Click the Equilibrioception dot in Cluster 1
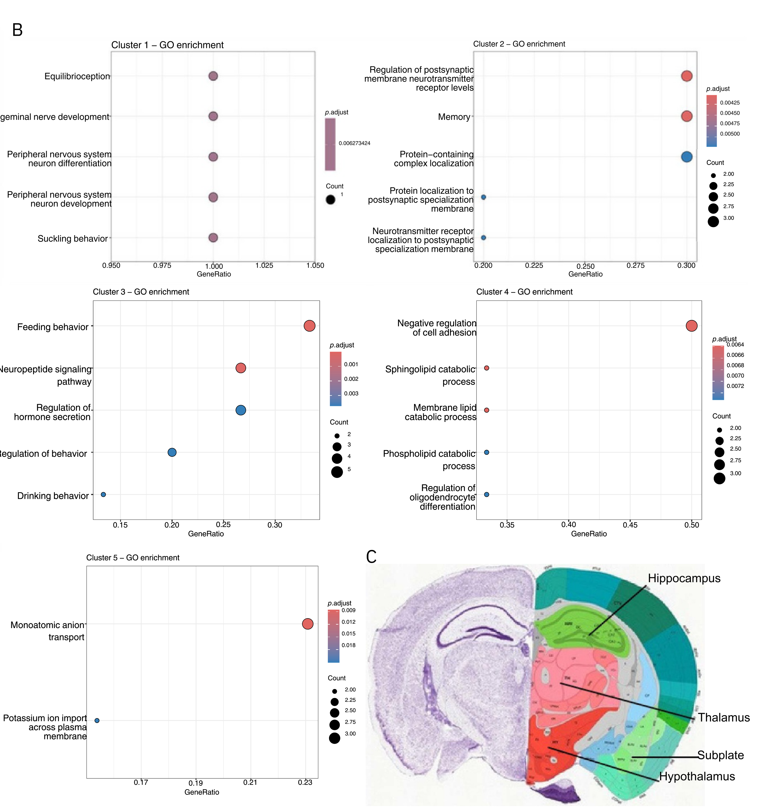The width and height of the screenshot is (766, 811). coord(213,76)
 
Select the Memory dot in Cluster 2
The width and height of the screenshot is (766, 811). coord(686,116)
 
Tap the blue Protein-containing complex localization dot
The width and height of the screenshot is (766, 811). coord(686,157)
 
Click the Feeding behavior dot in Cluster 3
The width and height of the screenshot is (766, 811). coord(310,326)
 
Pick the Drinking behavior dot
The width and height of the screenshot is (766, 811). coord(103,495)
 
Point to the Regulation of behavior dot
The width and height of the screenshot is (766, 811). coord(172,452)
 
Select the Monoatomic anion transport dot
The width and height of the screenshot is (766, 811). coord(308,624)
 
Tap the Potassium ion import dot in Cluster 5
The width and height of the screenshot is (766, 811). coord(97,721)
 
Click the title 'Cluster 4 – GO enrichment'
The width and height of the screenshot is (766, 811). coord(524,292)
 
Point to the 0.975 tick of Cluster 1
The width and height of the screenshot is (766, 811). coord(162,266)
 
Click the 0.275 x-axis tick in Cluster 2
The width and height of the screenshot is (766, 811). coord(635,266)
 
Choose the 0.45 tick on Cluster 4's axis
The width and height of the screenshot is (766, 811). coord(630,525)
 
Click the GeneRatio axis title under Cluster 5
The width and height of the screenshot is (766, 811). coord(202,792)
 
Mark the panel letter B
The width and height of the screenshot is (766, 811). coord(17,30)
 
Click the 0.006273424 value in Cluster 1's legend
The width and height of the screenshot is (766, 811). coord(354,143)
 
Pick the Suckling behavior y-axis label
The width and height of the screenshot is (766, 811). coord(73,239)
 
